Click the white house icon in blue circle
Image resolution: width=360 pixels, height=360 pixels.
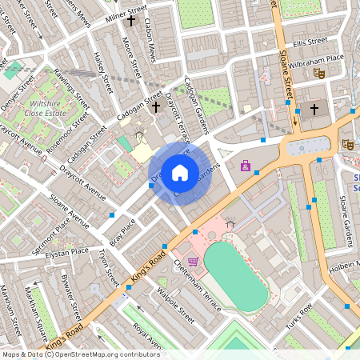180,171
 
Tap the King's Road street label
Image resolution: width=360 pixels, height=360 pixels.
146,270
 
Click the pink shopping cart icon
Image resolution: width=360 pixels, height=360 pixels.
193,261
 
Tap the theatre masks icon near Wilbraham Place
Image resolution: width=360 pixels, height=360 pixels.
318,73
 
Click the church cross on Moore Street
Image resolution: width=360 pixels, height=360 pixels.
131,21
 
